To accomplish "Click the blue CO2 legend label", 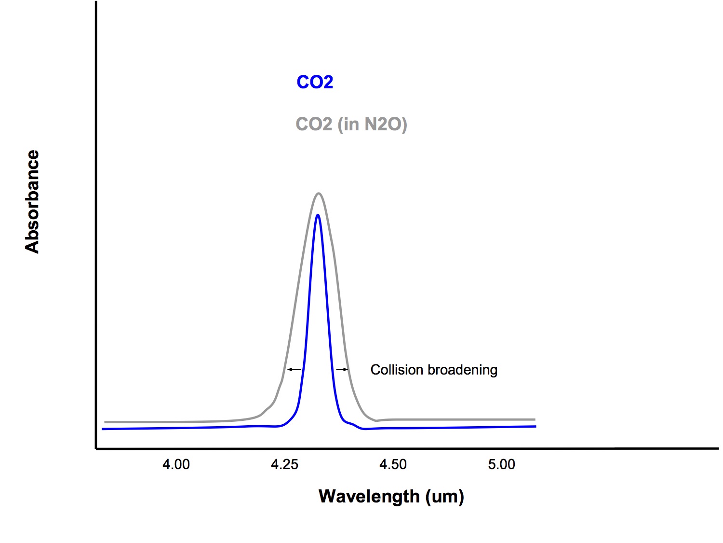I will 315,82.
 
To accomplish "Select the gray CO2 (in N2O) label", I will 351,125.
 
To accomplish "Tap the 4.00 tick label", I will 176,464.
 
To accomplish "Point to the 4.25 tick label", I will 284,464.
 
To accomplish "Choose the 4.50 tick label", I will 393,464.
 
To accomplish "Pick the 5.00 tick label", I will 501,464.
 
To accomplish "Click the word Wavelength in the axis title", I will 369,496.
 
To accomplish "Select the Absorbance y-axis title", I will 32,202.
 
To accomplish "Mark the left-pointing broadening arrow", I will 294,370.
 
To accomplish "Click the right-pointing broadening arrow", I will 342,370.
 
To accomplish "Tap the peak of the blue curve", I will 318,215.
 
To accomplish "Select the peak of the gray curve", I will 319,194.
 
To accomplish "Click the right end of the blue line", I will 535,426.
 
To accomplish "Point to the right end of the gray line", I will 535,419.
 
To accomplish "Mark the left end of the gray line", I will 106,422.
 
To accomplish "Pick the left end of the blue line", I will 103,429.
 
